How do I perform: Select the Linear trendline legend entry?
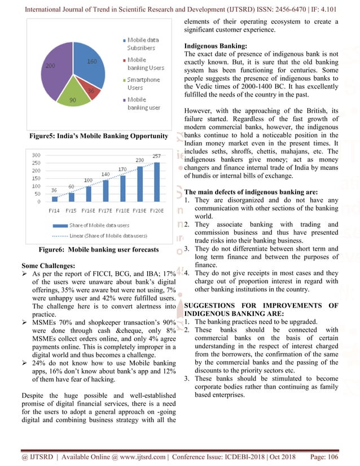(x=100, y=235)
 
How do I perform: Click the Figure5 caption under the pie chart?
(x=100, y=136)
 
